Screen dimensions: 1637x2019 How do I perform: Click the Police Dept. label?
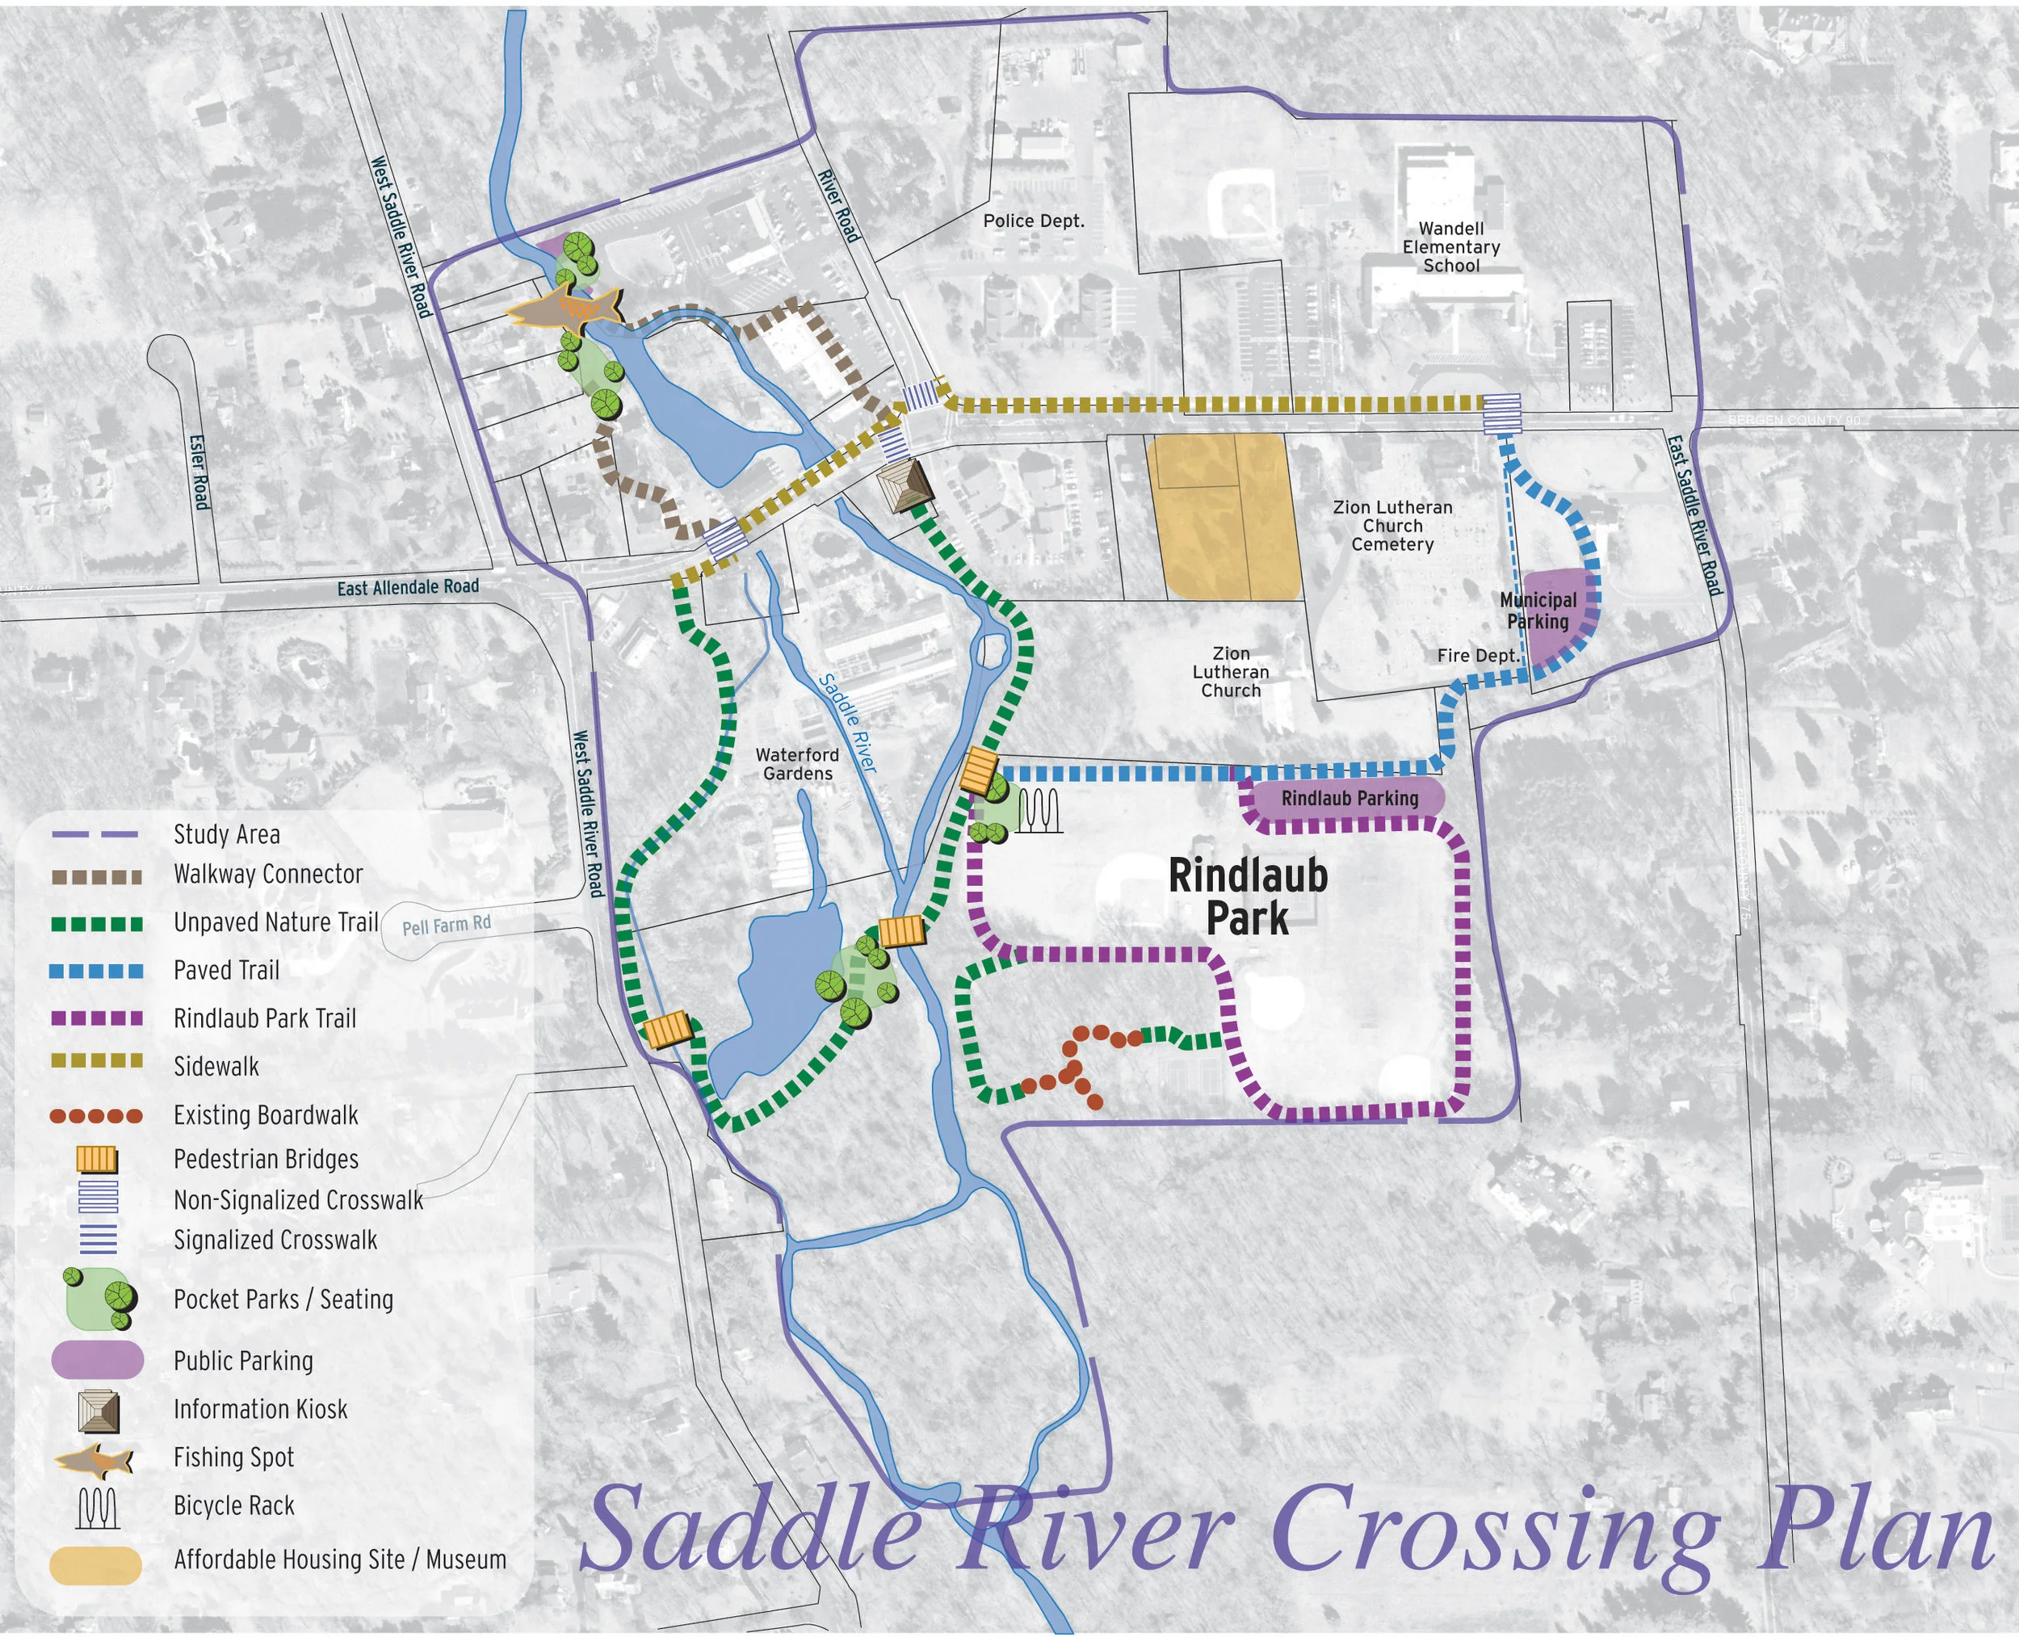click(1034, 220)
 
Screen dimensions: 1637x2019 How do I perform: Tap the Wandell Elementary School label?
click(1450, 247)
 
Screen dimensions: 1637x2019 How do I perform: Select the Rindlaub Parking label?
click(1349, 798)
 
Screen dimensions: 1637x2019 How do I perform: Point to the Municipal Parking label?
click(1538, 610)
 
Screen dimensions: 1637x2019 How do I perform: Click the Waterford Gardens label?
click(797, 764)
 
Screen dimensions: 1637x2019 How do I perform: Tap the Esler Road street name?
click(199, 472)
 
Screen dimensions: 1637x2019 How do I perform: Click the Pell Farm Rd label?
click(446, 925)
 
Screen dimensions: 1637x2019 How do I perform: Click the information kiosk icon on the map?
click(904, 485)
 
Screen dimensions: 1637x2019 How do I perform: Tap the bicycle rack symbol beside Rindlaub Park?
click(1040, 810)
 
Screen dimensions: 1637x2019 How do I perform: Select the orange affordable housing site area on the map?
click(1223, 516)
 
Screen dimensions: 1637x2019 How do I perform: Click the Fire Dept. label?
click(1478, 656)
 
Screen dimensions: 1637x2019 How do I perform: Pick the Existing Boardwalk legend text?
click(266, 1114)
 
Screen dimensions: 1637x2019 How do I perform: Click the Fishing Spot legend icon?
click(94, 1459)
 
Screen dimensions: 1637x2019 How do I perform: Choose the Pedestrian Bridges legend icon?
click(96, 1158)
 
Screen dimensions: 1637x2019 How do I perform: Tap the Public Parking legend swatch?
click(96, 1360)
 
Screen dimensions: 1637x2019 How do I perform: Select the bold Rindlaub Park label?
click(1248, 896)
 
